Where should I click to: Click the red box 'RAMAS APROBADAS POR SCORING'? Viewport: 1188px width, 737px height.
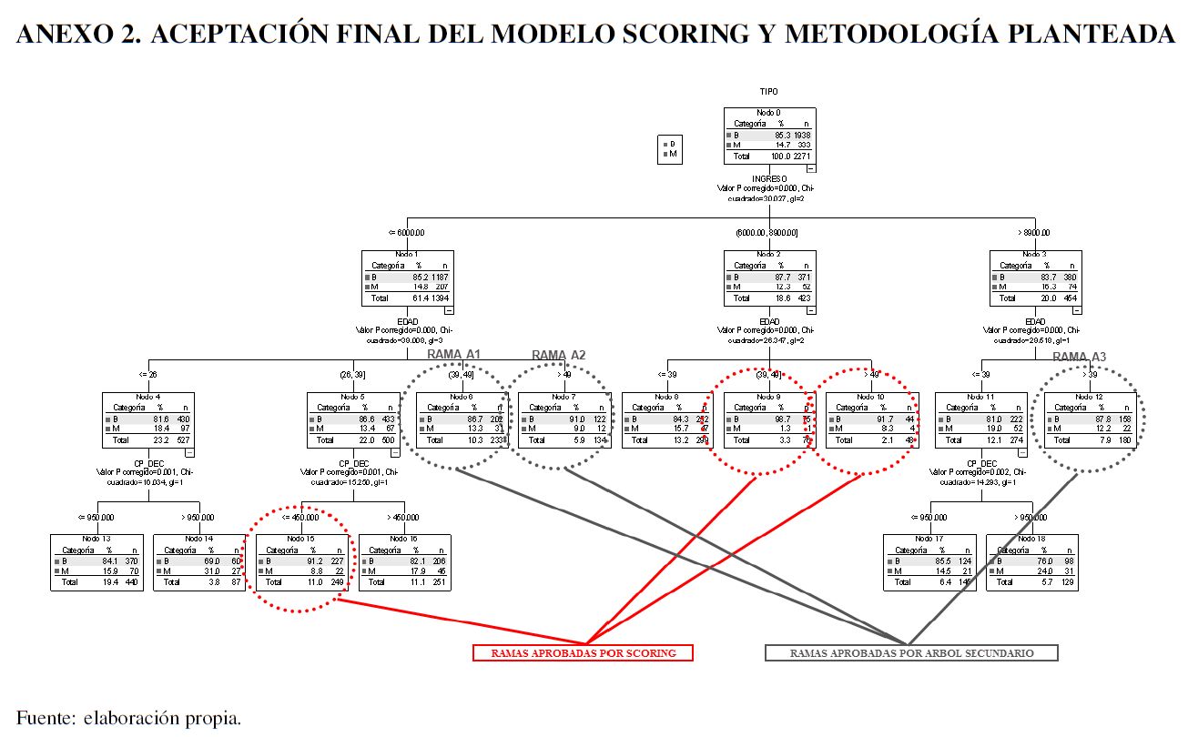coord(583,653)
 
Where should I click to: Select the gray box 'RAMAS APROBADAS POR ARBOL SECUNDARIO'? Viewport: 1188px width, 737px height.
coord(911,653)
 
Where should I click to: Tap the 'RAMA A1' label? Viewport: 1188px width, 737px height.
coord(454,355)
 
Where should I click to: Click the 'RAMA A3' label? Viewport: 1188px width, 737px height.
coord(1079,357)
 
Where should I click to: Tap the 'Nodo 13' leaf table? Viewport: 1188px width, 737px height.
coord(95,562)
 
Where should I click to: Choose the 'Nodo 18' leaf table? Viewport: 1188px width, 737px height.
coord(1031,562)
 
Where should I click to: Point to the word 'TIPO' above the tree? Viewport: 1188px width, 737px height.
coord(769,91)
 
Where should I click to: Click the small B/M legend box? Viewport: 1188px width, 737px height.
coord(671,149)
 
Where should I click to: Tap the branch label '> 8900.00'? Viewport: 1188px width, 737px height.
coord(1035,233)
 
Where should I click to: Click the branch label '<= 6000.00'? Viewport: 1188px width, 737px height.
coord(406,233)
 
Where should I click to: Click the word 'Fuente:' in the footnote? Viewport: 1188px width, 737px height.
coord(45,717)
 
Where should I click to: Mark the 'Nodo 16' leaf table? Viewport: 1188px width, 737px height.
coord(405,562)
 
